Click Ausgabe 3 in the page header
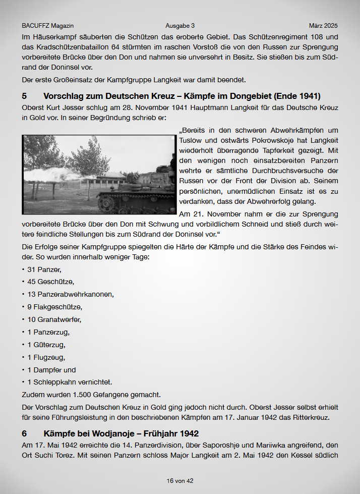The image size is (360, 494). pos(179,26)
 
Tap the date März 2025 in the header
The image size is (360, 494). pos(323,26)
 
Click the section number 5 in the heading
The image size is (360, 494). pos(25,96)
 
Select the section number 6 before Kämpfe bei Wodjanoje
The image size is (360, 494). pos(25,433)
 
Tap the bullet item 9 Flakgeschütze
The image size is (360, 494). pos(54,307)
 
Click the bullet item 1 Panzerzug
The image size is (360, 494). pos(48,332)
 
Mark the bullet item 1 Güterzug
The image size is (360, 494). pos(46,345)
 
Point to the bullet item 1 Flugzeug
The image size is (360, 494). pos(46,357)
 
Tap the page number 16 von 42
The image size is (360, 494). pos(180,481)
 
